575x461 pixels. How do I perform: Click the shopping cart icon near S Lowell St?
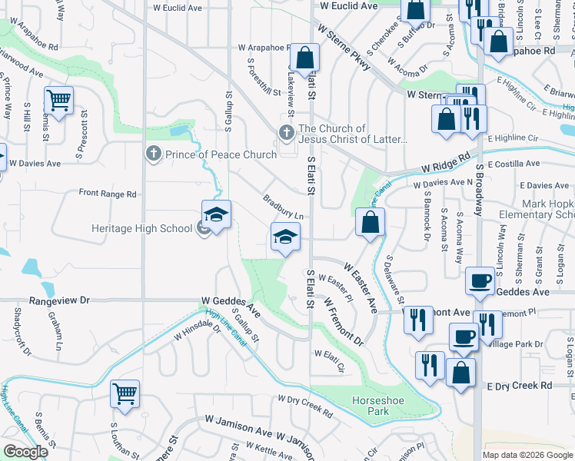tap(125, 394)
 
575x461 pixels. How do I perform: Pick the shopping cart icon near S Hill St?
tap(58, 100)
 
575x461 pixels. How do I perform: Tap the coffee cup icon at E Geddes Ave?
tap(480, 280)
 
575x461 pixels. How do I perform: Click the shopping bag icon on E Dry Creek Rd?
tap(460, 373)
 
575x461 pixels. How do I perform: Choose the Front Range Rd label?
tap(107, 194)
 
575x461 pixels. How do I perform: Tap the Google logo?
tap(25, 452)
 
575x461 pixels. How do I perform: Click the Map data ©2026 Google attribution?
tap(527, 455)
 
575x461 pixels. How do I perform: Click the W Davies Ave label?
tap(35, 164)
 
